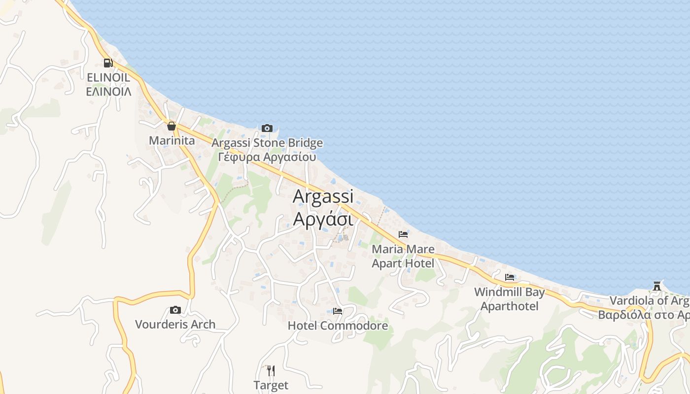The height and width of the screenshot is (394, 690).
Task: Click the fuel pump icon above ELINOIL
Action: (108, 63)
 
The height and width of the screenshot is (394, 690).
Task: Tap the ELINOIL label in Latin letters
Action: (108, 77)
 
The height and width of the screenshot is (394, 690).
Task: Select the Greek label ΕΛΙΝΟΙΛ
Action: (108, 92)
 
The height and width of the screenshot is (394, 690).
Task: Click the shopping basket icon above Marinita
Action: (172, 126)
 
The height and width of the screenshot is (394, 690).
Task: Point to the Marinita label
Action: (172, 141)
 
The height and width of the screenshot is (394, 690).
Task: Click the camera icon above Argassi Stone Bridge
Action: (267, 128)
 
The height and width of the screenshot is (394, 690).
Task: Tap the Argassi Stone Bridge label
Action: (267, 143)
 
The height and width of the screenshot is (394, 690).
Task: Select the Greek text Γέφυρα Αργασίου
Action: (267, 157)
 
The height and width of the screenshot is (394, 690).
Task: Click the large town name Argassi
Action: (323, 196)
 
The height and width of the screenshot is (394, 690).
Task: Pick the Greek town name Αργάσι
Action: (323, 219)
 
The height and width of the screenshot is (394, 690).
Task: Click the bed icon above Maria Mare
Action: (403, 234)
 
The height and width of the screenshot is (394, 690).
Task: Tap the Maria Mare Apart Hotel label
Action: (403, 256)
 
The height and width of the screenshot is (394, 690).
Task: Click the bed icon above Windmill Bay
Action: (510, 277)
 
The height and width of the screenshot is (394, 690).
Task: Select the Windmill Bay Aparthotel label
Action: (510, 299)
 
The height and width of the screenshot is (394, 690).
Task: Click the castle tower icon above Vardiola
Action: (656, 286)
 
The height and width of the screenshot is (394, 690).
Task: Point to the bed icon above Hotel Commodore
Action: (338, 311)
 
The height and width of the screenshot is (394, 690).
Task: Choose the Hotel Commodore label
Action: (338, 326)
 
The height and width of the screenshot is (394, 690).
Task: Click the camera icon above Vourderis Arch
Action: (175, 310)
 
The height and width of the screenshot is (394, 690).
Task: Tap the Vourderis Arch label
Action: (175, 325)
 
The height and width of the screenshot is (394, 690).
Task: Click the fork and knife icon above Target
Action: (271, 370)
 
